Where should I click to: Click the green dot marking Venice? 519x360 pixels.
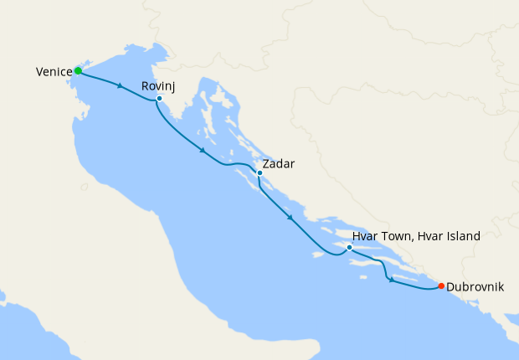(78, 70)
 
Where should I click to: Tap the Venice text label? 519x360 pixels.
(54, 73)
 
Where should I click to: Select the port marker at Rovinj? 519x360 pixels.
(159, 99)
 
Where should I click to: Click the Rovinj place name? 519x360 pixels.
(159, 86)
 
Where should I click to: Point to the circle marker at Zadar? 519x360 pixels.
(259, 173)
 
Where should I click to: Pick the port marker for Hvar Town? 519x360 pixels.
(349, 248)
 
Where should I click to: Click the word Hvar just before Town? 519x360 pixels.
(365, 237)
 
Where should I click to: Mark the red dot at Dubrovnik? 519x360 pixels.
(441, 286)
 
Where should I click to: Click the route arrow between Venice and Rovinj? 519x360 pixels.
(122, 86)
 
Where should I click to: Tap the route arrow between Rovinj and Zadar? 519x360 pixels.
(203, 152)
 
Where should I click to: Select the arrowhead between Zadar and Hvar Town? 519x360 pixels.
(290, 219)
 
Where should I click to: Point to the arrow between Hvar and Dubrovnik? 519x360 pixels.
(391, 280)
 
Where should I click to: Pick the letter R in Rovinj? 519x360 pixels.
(146, 86)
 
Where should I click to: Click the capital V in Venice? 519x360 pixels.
(39, 73)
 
